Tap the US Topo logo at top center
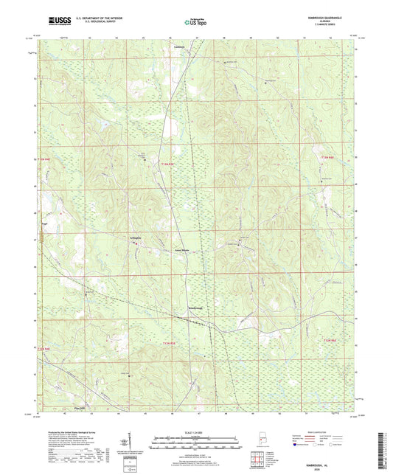tap(195, 23)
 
